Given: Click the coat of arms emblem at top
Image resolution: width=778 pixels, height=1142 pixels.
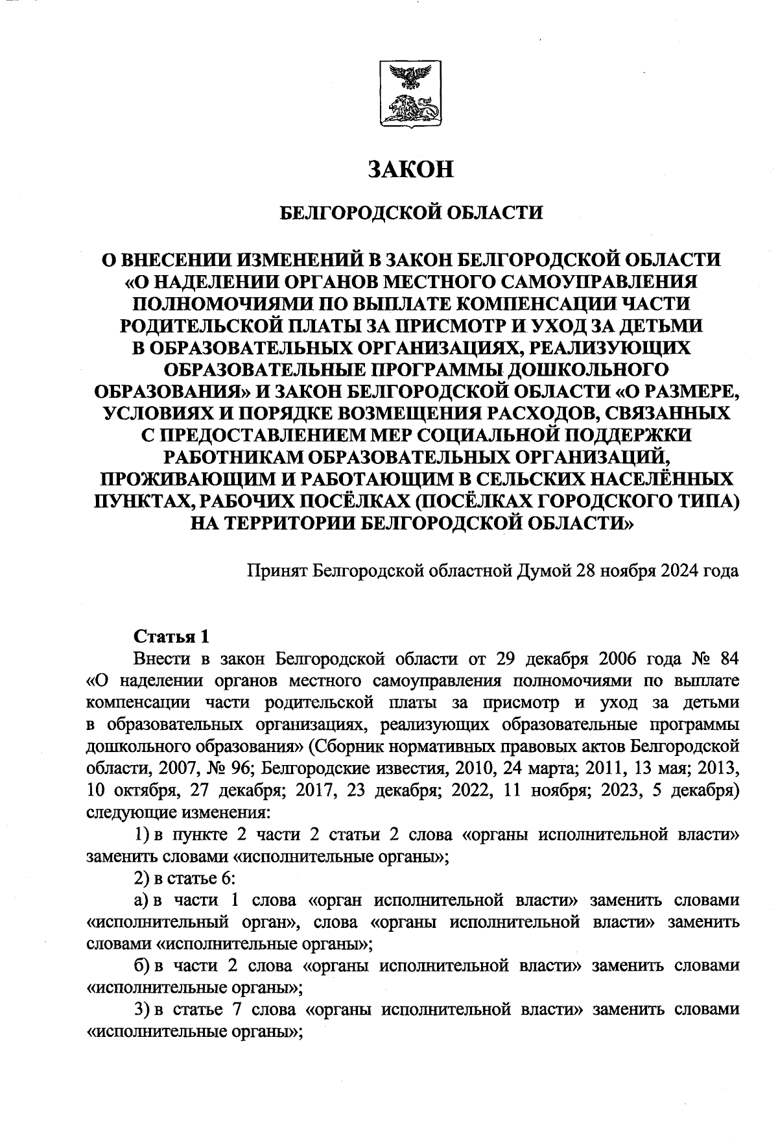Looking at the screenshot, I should pos(409,95).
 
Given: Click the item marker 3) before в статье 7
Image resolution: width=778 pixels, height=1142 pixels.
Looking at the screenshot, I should pos(141,1010).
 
